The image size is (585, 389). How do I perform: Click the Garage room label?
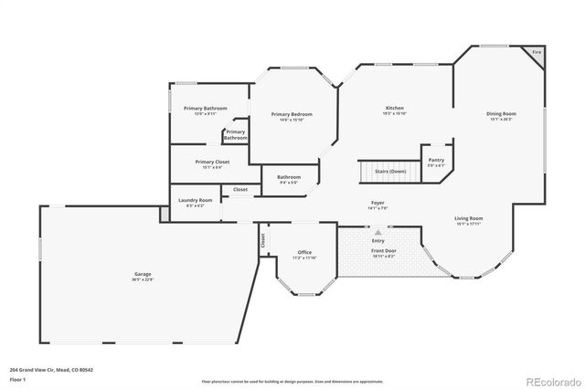coord(143,273)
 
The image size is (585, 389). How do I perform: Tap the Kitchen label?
coord(394,109)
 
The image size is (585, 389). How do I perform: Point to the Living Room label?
coord(469,218)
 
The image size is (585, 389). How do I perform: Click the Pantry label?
coord(436,160)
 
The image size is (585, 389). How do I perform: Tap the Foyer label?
coord(378,202)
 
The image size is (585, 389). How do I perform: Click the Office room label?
coord(304,252)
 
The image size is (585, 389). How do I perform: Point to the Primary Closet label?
coord(213,162)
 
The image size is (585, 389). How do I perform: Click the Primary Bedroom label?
coord(292,114)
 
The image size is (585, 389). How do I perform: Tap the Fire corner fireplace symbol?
coord(537,54)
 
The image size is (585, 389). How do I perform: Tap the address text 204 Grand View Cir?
coord(42,370)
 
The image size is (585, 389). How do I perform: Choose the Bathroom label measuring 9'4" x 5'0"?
coord(289,176)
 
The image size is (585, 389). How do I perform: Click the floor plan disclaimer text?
coord(292,380)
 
